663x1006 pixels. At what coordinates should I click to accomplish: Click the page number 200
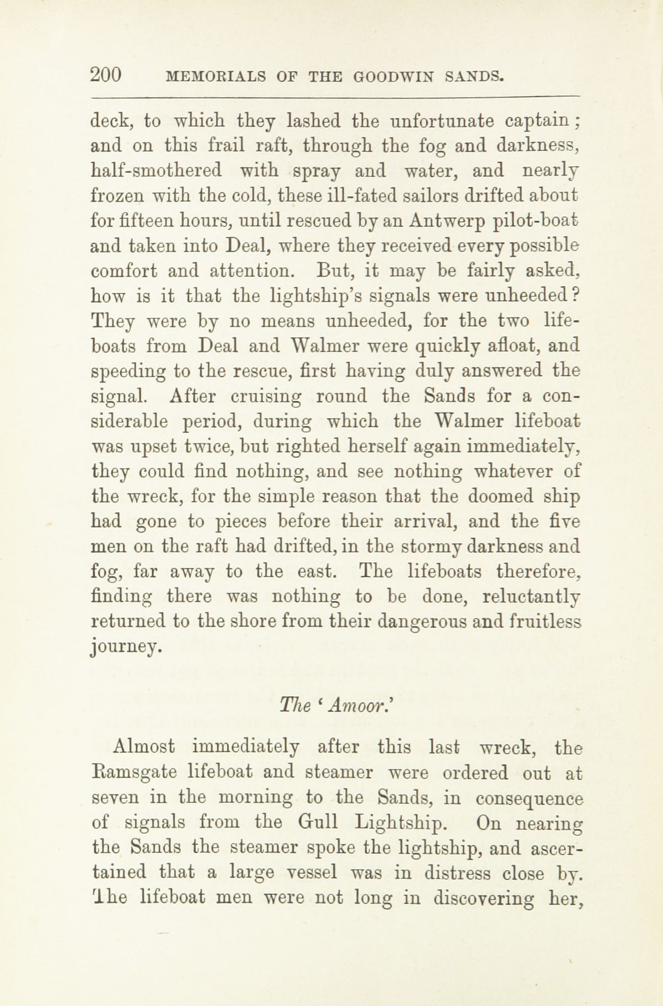pyautogui.click(x=105, y=75)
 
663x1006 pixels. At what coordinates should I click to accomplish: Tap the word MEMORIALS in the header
pyautogui.click(x=215, y=77)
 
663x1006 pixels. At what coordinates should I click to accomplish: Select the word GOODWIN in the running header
pyautogui.click(x=393, y=77)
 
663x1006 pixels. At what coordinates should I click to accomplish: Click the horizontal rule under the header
pyautogui.click(x=335, y=96)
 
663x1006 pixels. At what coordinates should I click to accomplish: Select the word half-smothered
pyautogui.click(x=156, y=170)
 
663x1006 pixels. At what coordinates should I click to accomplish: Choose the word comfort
pyautogui.click(x=123, y=272)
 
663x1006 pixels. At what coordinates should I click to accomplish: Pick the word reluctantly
pyautogui.click(x=532, y=597)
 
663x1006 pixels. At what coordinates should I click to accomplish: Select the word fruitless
pyautogui.click(x=545, y=622)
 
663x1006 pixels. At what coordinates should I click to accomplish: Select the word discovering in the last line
pyautogui.click(x=485, y=898)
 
